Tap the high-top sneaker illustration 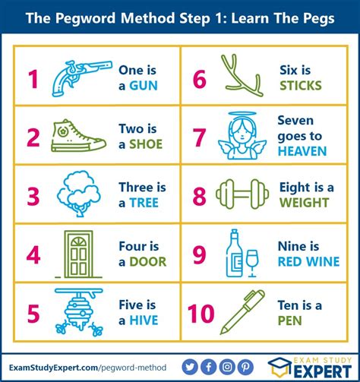click(x=78, y=137)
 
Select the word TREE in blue click(x=144, y=203)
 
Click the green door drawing click(x=78, y=254)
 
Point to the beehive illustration click(x=79, y=312)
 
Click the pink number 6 click(x=200, y=79)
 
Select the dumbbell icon click(x=242, y=194)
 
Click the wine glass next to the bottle click(x=252, y=264)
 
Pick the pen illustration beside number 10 click(x=242, y=312)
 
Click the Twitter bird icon click(x=190, y=367)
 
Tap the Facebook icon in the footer click(x=208, y=367)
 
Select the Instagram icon click(x=227, y=367)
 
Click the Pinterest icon click(x=245, y=367)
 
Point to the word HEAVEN click(x=302, y=151)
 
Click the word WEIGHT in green click(x=304, y=203)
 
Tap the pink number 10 click(x=201, y=314)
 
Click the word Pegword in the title click(x=86, y=18)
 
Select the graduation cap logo click(x=279, y=367)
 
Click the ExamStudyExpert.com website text click(x=53, y=368)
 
